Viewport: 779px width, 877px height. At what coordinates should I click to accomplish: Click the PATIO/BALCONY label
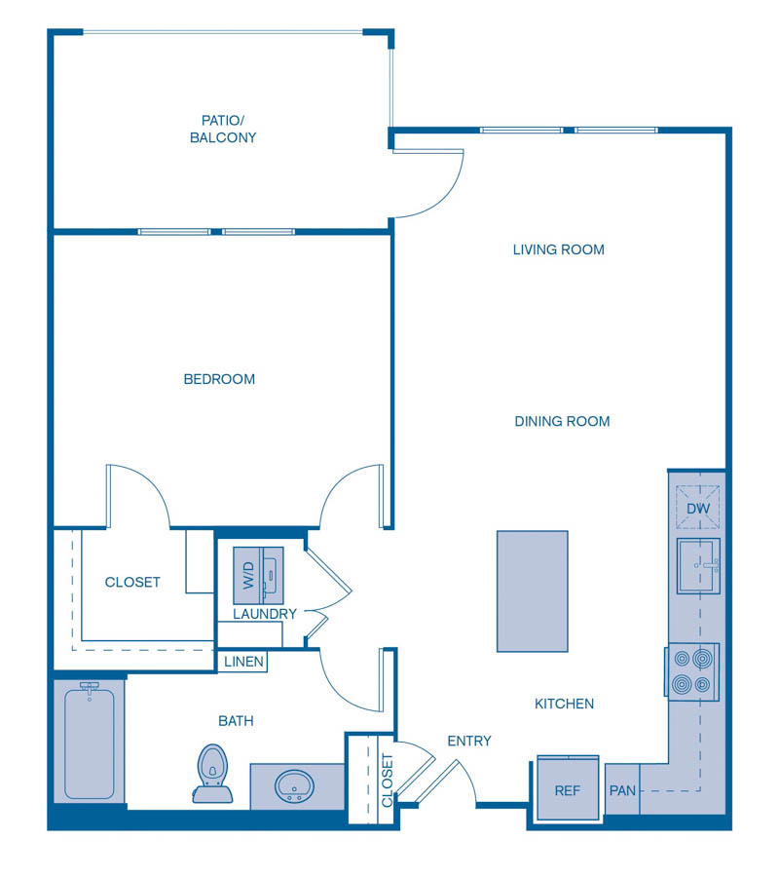[223, 129]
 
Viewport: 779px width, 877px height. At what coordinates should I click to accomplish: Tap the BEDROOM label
[219, 379]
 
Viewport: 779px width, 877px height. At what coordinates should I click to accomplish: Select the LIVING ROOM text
[559, 249]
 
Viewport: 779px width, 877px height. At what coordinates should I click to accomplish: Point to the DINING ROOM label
[562, 421]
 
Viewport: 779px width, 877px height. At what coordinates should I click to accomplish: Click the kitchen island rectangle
[532, 591]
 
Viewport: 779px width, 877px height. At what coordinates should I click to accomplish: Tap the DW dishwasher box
[697, 508]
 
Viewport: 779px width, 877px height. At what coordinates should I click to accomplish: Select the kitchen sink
[698, 565]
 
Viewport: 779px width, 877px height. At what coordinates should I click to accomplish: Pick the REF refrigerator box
[567, 788]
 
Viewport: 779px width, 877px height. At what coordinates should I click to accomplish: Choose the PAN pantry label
[622, 790]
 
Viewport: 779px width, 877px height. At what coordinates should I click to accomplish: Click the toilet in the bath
[211, 773]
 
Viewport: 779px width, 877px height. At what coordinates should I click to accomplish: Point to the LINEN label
[243, 662]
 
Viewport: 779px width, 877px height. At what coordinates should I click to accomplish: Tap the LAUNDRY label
[264, 614]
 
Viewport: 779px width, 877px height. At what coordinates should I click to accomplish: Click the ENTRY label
[469, 741]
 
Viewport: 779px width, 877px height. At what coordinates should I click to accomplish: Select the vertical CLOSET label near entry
[387, 780]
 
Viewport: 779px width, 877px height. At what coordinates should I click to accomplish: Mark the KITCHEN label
[564, 704]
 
